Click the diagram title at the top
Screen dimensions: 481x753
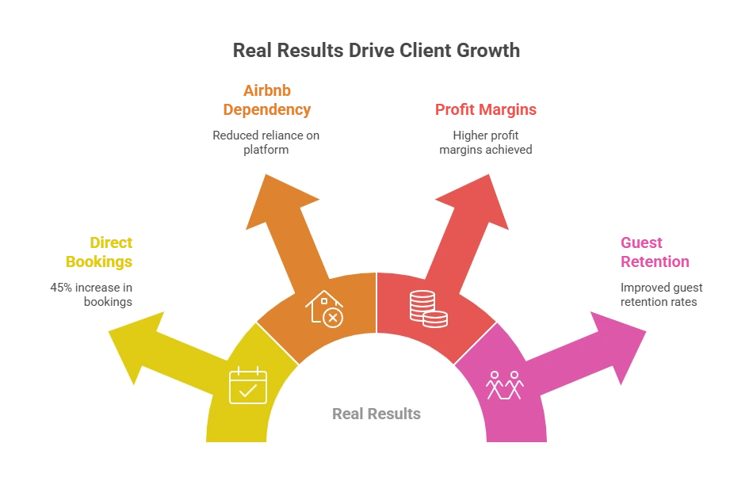pos(374,49)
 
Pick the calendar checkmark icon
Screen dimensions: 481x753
pos(247,386)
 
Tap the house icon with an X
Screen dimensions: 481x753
pos(324,308)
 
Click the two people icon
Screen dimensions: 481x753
pos(505,385)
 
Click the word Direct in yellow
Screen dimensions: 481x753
pos(110,242)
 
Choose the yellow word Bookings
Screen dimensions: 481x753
pos(98,261)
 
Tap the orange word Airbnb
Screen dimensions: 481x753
pos(266,91)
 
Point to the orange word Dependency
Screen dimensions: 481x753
pos(266,110)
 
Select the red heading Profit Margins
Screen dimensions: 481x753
pos(485,110)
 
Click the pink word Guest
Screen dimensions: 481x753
pos(641,242)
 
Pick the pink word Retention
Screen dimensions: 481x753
pos(655,261)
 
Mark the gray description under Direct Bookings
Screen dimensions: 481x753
pos(90,294)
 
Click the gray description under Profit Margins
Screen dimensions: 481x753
pos(485,141)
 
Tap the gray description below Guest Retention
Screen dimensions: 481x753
pos(659,294)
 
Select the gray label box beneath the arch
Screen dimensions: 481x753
pos(376,415)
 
